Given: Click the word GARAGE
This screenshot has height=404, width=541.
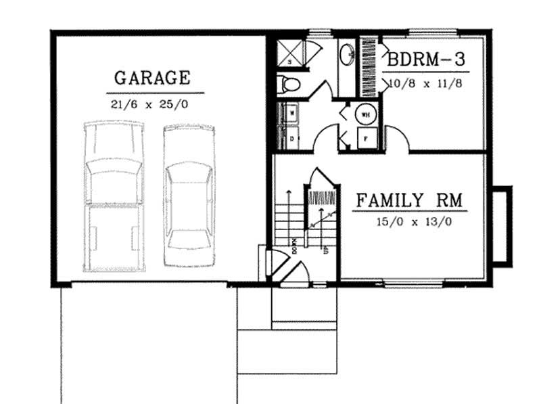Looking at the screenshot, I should tap(151, 77).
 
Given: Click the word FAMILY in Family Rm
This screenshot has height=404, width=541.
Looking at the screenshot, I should tap(386, 200).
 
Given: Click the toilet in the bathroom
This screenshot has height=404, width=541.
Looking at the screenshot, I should tap(289, 84).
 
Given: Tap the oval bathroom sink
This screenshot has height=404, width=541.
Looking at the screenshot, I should tap(347, 54).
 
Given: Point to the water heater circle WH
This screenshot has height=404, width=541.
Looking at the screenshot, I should tap(366, 114).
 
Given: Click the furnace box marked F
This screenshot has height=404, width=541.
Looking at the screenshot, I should tap(366, 138).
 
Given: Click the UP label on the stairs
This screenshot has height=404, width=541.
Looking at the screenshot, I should tap(327, 248).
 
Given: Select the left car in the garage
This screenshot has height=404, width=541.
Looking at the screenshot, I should tap(113, 196).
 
